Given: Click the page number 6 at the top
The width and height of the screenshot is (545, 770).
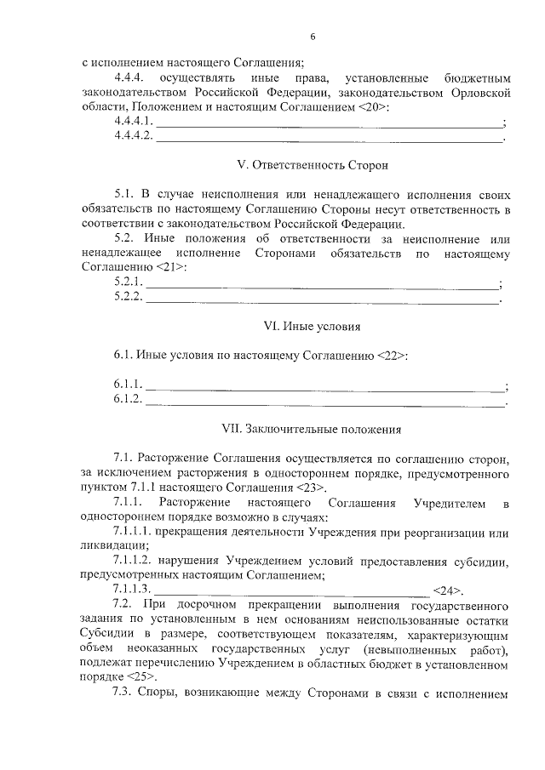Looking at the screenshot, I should (313, 37).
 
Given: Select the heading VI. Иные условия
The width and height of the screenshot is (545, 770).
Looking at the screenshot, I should (296, 326).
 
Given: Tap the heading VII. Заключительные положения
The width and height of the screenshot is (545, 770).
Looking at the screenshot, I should (296, 429).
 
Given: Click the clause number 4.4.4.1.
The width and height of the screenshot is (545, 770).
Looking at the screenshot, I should (134, 123).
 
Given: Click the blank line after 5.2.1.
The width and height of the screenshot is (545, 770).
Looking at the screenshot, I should (323, 284).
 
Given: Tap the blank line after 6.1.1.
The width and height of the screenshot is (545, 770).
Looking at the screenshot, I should (324, 387).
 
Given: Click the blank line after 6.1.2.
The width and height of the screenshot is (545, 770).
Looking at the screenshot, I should (324, 401).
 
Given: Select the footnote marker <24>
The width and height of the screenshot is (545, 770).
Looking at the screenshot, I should (448, 590).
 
